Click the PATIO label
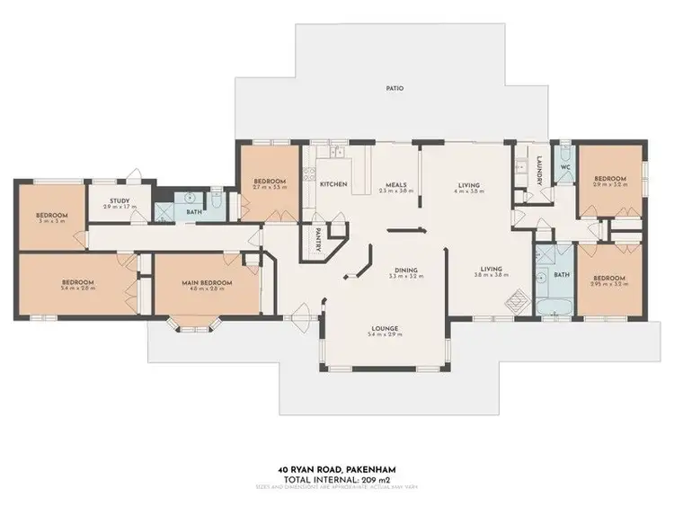pos(395,89)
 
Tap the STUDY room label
pos(120,201)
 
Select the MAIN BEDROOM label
pos(208,283)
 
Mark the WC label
pos(565,167)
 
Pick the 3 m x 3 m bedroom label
pos(51,216)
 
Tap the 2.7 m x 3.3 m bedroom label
pos(270,181)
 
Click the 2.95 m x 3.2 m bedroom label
pos(609,279)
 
